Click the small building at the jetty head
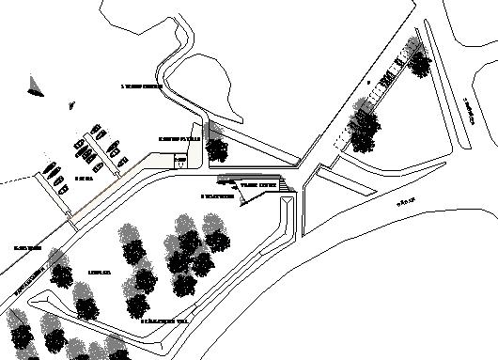point(181,161)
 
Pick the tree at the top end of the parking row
point(418,62)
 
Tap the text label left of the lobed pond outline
point(142,86)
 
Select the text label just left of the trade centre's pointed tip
point(217,196)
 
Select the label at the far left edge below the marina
point(26,248)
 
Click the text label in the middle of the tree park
point(100,273)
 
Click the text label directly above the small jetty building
point(179,138)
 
